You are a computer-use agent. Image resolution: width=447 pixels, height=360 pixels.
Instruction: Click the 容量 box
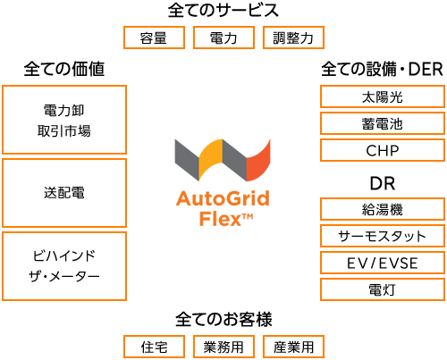pos(154,38)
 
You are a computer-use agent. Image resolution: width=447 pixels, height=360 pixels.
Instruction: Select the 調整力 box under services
pos(293,38)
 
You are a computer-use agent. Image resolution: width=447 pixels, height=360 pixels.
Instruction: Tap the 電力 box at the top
pos(223,38)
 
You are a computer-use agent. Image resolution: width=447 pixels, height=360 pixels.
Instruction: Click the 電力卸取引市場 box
pos(64,120)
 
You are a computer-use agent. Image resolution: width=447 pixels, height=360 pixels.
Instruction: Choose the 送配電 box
pos(64,193)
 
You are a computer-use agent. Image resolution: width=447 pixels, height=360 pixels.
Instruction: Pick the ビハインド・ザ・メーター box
pos(64,266)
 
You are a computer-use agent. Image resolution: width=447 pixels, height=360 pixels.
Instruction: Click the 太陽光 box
pos(383,96)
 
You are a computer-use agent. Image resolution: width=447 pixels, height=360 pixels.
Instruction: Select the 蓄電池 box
pos(383,123)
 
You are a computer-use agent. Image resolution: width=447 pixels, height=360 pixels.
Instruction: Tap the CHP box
pos(383,150)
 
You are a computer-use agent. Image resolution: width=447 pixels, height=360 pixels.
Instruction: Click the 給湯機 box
pos(383,209)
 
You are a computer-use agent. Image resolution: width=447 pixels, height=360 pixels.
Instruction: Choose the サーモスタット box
pos(383,236)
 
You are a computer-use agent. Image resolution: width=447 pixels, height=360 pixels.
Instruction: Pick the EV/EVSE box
pos(383,263)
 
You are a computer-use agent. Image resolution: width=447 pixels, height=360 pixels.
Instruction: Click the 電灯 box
pos(383,289)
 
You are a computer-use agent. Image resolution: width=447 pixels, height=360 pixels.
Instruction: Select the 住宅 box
pos(154,347)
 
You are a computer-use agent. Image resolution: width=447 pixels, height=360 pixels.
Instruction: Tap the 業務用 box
pos(223,347)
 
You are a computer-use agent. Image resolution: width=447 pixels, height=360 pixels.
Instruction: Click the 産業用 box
pos(293,347)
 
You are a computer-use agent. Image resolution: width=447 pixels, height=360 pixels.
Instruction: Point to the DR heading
pos(383,183)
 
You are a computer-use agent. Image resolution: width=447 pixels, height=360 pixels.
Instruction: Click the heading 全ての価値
pos(64,69)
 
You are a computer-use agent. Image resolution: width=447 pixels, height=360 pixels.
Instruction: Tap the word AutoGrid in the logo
pos(223,198)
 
